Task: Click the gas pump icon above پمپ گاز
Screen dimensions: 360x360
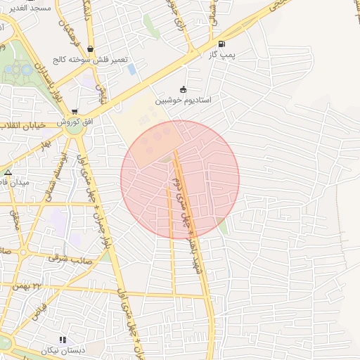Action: point(221,44)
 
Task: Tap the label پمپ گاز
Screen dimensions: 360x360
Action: point(221,54)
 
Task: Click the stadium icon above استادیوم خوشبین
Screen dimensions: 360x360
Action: point(184,89)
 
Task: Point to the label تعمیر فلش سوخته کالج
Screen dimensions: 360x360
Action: point(93,60)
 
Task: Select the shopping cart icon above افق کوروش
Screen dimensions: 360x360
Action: point(75,112)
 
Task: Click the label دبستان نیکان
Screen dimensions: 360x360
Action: point(62,350)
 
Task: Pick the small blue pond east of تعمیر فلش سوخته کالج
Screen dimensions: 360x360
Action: point(131,69)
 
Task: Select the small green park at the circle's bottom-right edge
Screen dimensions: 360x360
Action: point(223,226)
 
